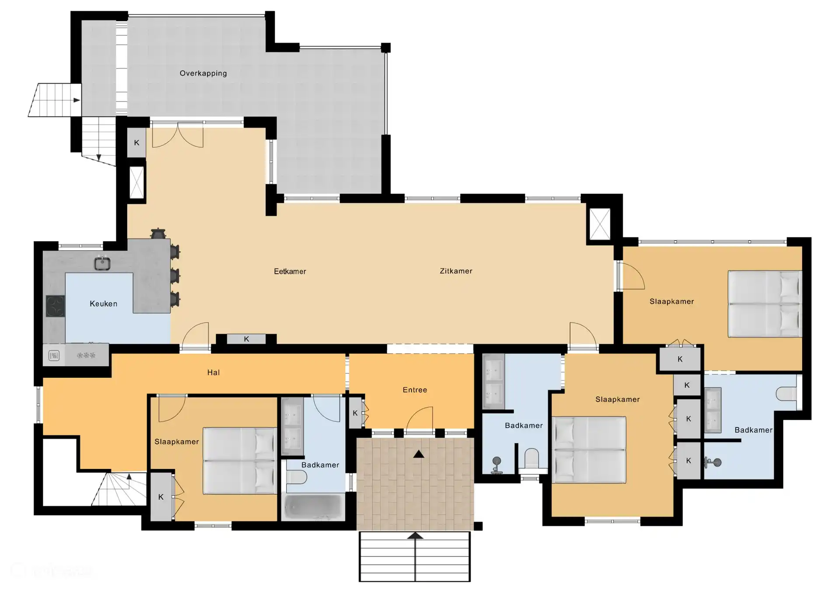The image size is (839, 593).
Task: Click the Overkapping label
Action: point(203,73)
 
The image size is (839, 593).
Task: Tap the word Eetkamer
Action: point(290,271)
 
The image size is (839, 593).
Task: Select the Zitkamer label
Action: point(456,271)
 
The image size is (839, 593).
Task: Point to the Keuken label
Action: point(103,303)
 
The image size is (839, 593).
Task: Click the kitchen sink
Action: point(102,263)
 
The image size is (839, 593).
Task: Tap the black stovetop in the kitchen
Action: point(55,306)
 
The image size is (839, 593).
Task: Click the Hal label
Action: point(213,372)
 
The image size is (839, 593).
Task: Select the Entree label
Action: point(415,390)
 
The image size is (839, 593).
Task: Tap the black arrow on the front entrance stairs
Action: point(415,535)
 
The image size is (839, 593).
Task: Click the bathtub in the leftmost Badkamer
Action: point(313,507)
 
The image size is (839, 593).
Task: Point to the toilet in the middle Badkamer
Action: point(532,459)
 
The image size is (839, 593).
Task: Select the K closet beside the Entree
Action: point(355,413)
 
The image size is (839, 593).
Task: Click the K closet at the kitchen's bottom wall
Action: point(246,339)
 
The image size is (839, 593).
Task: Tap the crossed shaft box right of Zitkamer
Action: point(600,224)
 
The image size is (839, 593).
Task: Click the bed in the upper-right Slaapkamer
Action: point(765,304)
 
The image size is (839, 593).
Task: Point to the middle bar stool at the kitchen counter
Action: point(175,276)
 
